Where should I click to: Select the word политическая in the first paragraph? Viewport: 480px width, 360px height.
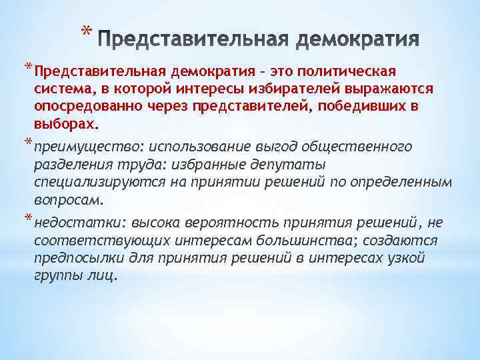349,71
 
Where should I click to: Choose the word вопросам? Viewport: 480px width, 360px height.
69,200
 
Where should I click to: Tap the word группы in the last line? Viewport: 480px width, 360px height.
56,276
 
